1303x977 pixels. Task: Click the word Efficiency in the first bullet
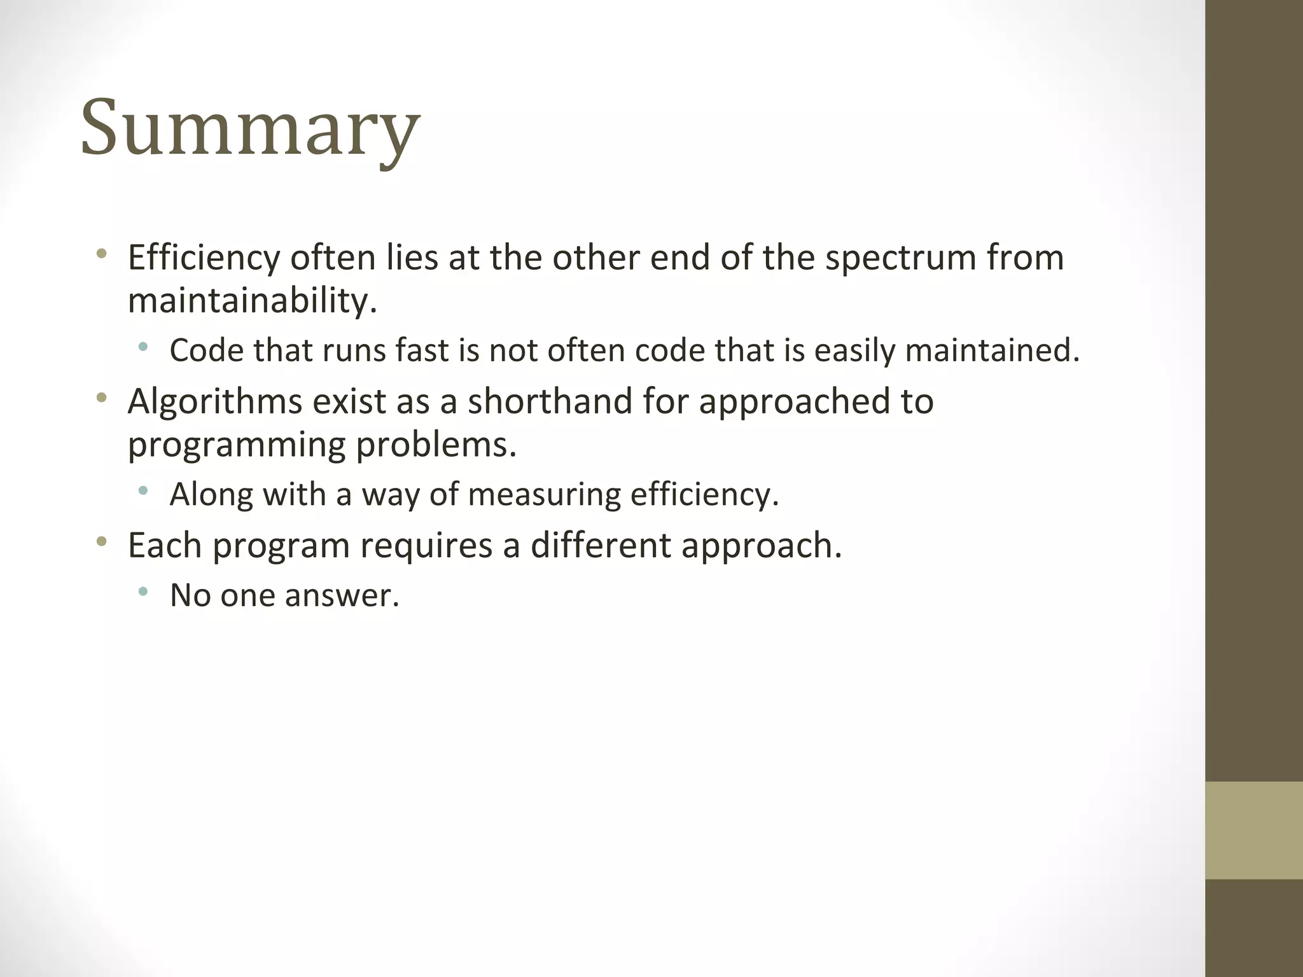204,258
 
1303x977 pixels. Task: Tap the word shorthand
549,401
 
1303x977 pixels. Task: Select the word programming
237,444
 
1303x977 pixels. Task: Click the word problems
435,444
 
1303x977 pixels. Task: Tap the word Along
211,494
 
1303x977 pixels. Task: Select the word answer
341,595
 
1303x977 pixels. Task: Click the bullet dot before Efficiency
101,255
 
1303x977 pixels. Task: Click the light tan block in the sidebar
1253,830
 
